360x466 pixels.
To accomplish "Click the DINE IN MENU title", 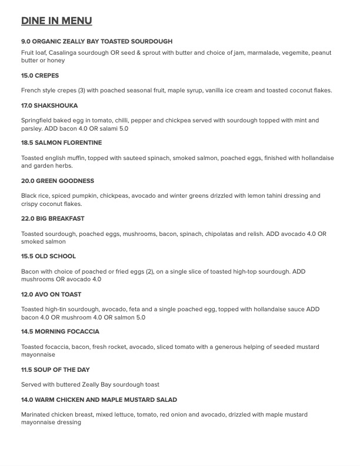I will tap(56, 21).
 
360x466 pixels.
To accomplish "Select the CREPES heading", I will tap(47, 76).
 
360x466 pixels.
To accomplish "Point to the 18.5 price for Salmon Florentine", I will tap(27, 143).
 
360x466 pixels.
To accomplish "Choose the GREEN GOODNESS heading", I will tap(65, 181).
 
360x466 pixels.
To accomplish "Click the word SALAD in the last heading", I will tap(165, 400).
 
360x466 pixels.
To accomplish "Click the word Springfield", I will tap(38, 121).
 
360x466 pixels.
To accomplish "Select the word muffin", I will tap(75, 158).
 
